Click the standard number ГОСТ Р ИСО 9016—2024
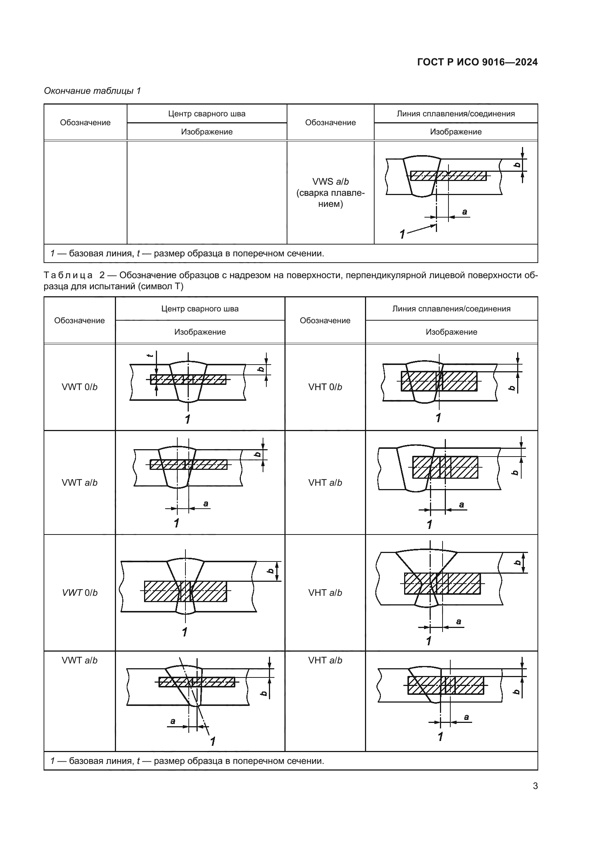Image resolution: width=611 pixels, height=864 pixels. coord(477,62)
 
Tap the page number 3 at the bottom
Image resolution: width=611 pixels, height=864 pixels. coord(535,786)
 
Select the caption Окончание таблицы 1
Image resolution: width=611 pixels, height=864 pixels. coord(92,91)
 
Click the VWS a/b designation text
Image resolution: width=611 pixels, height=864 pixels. coord(330,182)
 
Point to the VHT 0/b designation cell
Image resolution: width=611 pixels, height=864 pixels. coord(325,387)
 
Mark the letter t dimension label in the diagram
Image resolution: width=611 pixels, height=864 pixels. coord(150,355)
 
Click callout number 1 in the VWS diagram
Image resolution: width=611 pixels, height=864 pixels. coord(402,234)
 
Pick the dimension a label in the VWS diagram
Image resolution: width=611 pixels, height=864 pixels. coord(464,212)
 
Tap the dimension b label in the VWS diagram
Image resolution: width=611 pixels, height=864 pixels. coord(518,165)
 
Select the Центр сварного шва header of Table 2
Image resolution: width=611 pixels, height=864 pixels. coord(200,309)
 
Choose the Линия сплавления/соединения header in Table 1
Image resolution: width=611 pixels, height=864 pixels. coord(455,114)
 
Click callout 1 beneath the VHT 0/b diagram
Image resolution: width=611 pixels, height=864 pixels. coord(438,418)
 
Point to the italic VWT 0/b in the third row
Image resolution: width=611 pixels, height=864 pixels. coord(79,592)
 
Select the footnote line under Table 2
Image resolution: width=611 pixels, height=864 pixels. coord(187,761)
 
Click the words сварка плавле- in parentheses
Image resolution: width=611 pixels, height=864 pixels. coord(330,193)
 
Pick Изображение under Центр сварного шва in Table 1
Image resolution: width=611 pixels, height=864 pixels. coord(206,132)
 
